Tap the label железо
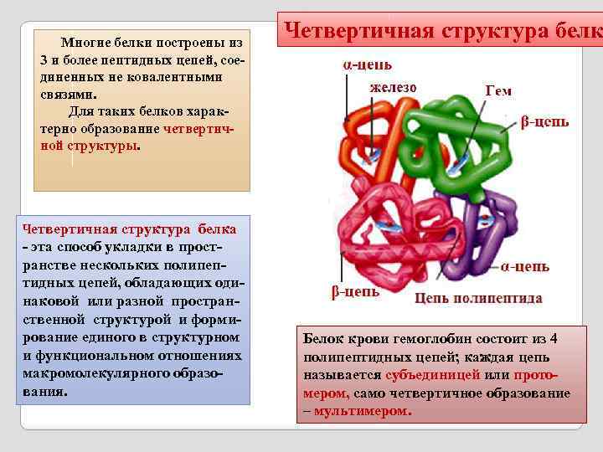tap(393, 86)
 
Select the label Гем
tap(498, 90)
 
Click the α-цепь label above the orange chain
tap(367, 64)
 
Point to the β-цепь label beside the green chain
tap(544, 122)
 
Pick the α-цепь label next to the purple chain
tap(525, 266)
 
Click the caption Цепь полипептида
tap(478, 298)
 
